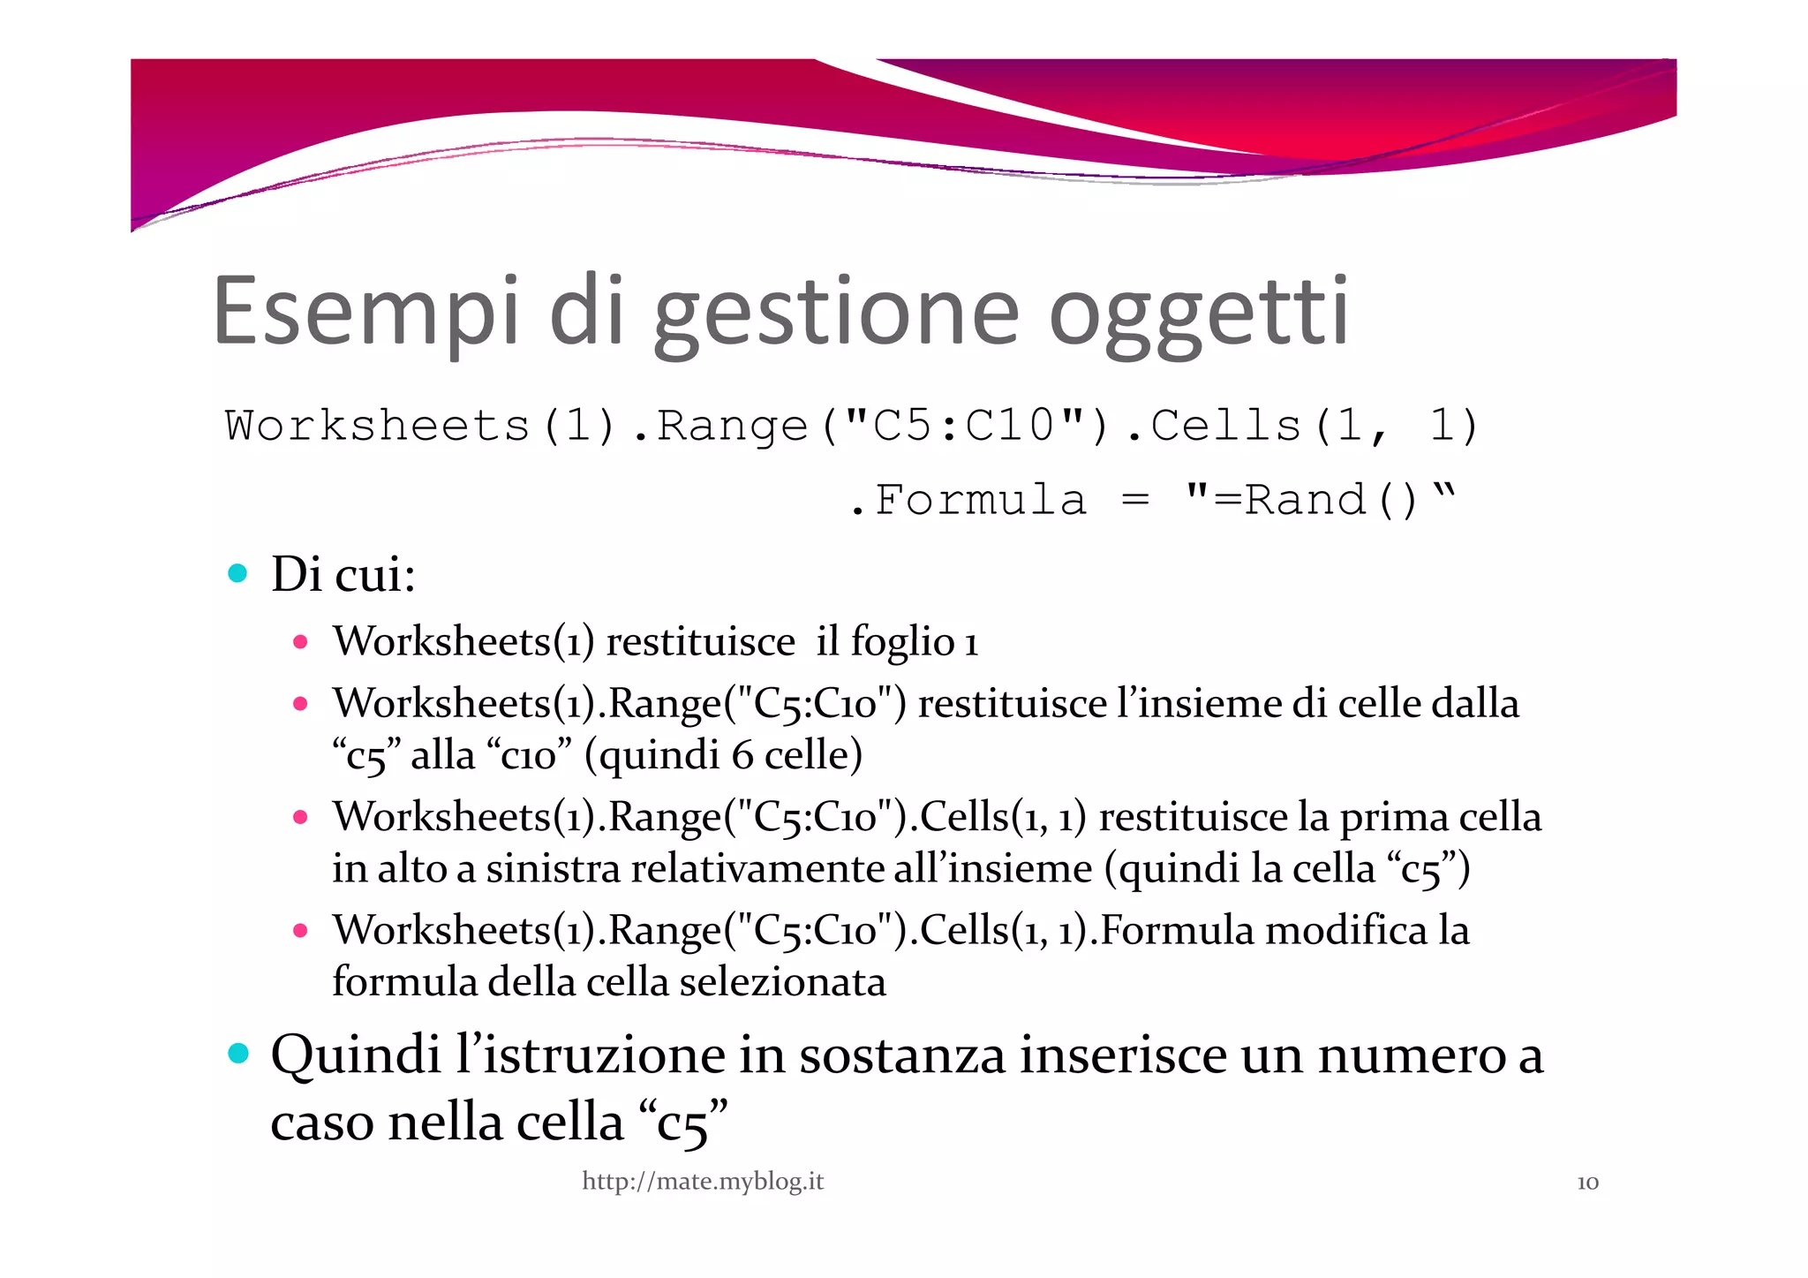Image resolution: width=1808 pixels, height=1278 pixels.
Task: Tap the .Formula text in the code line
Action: (968, 501)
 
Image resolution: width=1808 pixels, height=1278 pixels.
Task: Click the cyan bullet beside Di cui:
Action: (237, 573)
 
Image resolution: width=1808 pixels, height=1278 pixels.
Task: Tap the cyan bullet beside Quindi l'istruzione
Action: (237, 1053)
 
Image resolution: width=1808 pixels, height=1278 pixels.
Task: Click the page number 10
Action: (1587, 1183)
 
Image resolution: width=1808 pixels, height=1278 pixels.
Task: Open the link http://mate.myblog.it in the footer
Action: (703, 1181)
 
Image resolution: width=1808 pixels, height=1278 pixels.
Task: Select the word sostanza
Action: (901, 1055)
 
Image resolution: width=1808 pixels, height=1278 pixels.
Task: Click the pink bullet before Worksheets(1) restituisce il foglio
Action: (300, 642)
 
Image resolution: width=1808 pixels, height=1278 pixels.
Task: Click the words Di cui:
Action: (343, 574)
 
